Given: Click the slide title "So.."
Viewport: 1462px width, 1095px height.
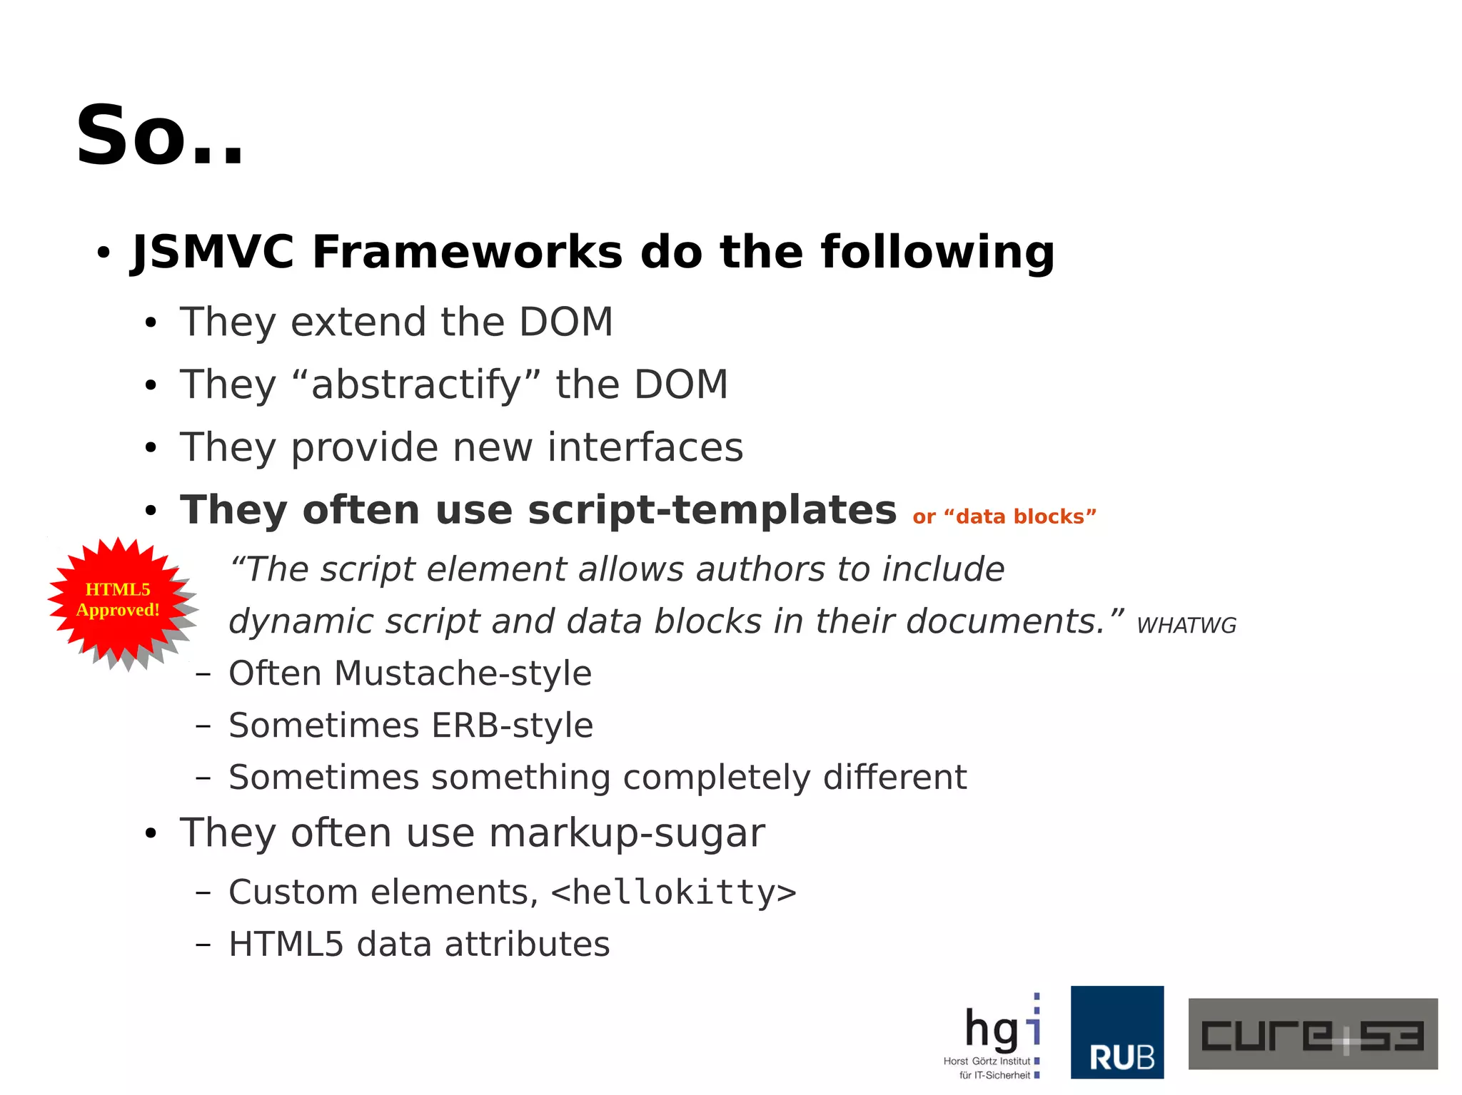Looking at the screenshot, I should (160, 136).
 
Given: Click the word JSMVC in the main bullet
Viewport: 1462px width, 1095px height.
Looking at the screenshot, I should (213, 252).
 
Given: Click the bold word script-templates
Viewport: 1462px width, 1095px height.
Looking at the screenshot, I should (712, 510).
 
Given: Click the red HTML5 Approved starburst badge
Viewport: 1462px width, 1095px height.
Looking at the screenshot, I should (119, 600).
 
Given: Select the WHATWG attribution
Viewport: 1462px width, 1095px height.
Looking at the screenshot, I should (1186, 626).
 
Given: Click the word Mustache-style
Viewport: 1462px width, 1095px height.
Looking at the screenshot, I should (463, 673).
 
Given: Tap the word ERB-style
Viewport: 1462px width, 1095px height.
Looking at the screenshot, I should (512, 725).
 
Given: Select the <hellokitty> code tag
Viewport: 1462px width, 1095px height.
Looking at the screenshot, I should (673, 892).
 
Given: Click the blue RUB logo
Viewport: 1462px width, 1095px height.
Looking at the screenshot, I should (1116, 1032).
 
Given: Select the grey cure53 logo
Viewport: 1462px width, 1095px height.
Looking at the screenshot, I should (1312, 1034).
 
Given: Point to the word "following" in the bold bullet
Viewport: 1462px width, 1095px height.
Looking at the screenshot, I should (937, 252).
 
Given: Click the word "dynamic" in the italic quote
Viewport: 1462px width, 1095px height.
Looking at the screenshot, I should (301, 621).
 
